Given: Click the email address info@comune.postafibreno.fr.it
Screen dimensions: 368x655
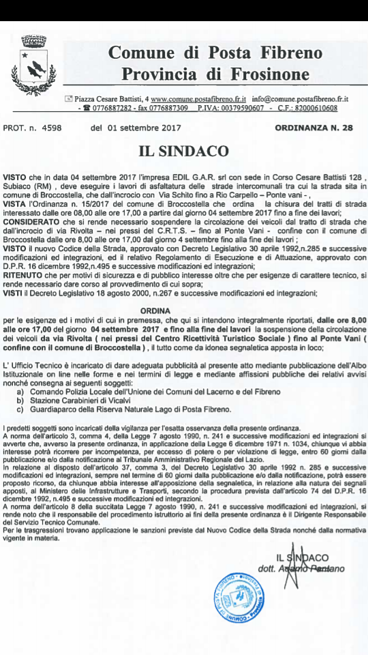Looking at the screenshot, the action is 300,99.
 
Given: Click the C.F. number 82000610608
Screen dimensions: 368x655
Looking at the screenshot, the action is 320,108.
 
